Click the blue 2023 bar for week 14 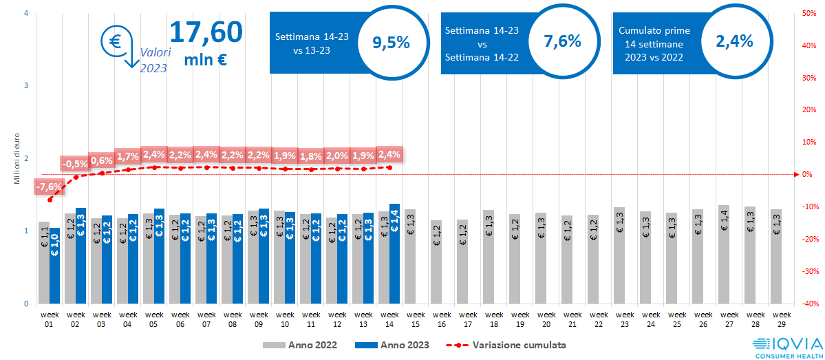pos(394,253)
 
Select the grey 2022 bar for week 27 pos(724,254)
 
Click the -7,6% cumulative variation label pos(49,186)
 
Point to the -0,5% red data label pos(74,164)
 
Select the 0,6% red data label pos(101,160)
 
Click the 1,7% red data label pos(127,156)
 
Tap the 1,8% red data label pos(311,156)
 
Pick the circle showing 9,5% pos(391,42)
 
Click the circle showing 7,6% pos(562,41)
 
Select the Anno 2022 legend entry pos(298,344)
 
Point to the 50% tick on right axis pos(810,13)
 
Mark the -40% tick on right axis pos(810,304)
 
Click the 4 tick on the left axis pos(25,13)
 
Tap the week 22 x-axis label pos(592,319)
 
